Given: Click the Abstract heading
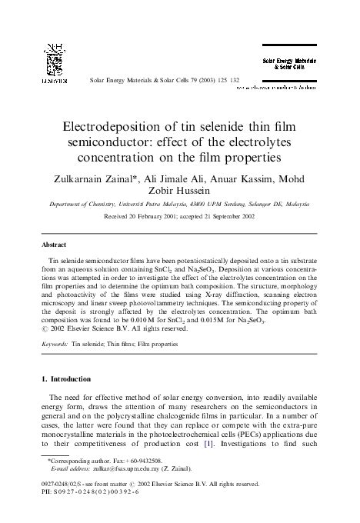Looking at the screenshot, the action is pos(53,245).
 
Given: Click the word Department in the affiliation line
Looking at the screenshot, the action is pos(65,205).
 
